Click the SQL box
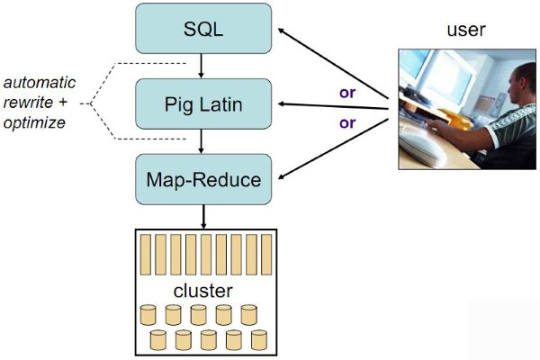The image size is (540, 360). click(202, 29)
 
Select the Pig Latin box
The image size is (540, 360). click(202, 103)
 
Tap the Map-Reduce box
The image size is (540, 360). click(202, 178)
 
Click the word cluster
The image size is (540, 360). click(203, 291)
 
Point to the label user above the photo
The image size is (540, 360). click(466, 30)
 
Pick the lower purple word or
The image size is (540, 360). click(346, 122)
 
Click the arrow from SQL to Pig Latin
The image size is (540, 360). click(202, 66)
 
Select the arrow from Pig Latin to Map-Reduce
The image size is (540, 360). click(202, 140)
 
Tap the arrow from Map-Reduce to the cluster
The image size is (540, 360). click(202, 216)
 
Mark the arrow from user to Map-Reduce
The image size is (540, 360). click(333, 144)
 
